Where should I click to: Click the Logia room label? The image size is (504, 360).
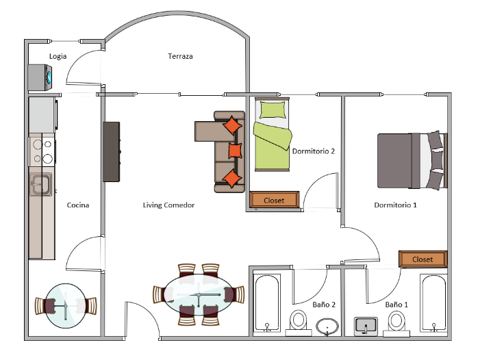click(58, 56)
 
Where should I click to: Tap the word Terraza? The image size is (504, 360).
click(180, 56)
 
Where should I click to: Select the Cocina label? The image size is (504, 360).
click(77, 205)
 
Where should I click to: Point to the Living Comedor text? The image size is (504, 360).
click(168, 205)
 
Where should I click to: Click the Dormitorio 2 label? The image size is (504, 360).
click(313, 151)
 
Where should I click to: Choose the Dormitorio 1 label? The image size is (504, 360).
click(395, 205)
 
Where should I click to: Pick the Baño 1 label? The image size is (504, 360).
click(396, 304)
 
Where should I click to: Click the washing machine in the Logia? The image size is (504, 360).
click(41, 77)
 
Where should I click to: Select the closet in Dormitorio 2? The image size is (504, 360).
click(274, 200)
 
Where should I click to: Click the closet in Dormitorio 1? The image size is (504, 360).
click(423, 259)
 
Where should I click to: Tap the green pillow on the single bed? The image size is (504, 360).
click(273, 110)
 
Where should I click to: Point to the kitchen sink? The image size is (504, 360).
click(40, 183)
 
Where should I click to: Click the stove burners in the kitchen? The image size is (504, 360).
click(40, 151)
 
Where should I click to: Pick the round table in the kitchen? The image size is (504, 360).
click(66, 305)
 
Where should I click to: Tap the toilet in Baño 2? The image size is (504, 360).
click(299, 320)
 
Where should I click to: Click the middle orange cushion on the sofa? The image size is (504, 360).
click(235, 151)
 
